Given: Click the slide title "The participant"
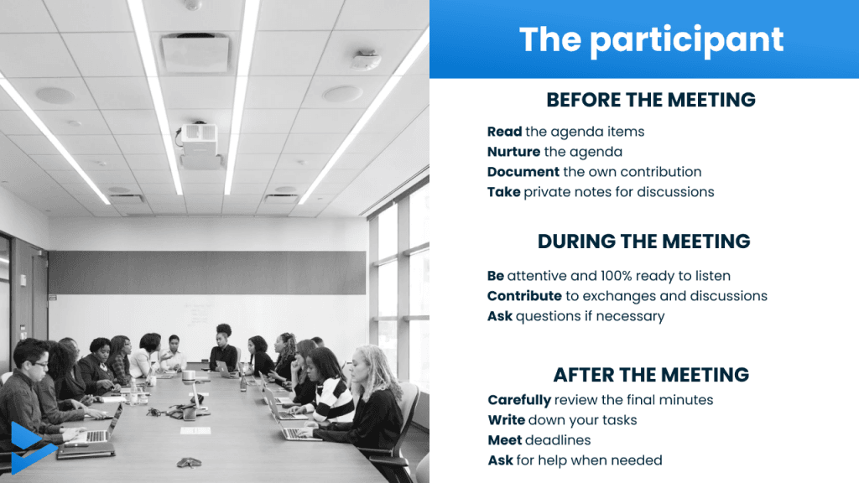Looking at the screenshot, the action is tap(651, 39).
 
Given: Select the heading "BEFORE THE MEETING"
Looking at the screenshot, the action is tap(651, 100).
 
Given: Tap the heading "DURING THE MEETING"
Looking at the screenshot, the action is tap(643, 241).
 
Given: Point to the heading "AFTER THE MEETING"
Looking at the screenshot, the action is tap(651, 375).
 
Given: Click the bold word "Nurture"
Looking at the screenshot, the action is tap(514, 152).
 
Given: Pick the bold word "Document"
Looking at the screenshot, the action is tap(523, 172).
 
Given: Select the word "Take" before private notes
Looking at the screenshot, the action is tap(504, 192).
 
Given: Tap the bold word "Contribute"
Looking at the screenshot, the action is tap(524, 296).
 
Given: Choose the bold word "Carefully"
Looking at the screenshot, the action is tap(519, 400).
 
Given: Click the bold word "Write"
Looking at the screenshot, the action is tap(507, 420).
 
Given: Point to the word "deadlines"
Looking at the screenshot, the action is tap(558, 440).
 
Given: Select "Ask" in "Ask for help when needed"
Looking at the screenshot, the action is tap(501, 460).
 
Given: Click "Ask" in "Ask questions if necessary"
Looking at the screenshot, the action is tap(500, 316).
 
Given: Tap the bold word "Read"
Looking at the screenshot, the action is tap(504, 132).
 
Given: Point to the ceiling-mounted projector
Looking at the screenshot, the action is tap(200, 144).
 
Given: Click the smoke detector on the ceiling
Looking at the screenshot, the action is tap(366, 60).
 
